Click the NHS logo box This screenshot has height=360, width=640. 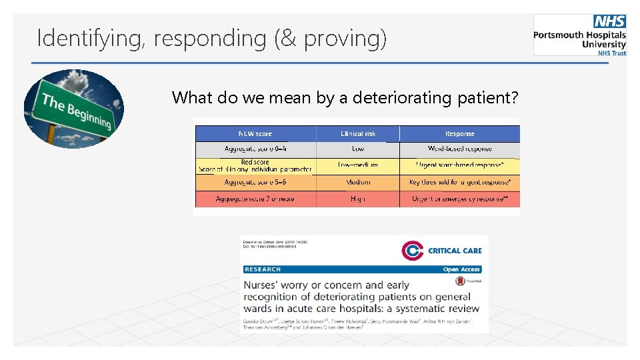609,21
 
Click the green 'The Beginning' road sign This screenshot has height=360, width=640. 75,110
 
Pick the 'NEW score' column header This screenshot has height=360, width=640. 255,133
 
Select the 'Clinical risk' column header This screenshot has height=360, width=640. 358,133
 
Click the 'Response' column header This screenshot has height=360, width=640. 459,133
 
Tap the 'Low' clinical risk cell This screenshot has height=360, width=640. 358,149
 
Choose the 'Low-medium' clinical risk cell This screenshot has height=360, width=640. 358,165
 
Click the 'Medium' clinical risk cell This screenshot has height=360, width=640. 358,181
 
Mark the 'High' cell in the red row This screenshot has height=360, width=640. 358,199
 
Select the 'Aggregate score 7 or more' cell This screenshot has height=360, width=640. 255,199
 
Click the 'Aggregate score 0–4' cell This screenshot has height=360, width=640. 255,149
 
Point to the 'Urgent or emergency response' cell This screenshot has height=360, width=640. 459,199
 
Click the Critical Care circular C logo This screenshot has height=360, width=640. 413,251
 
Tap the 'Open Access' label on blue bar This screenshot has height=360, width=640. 461,269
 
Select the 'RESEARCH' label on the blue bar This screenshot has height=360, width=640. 263,269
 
